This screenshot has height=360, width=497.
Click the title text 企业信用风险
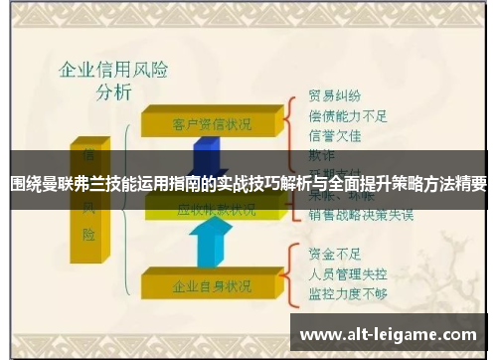pos(113,71)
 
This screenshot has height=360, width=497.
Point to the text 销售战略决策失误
pos(361,214)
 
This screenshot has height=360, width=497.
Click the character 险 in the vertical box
pos(90,235)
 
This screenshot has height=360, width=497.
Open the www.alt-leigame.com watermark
pos(388,335)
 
